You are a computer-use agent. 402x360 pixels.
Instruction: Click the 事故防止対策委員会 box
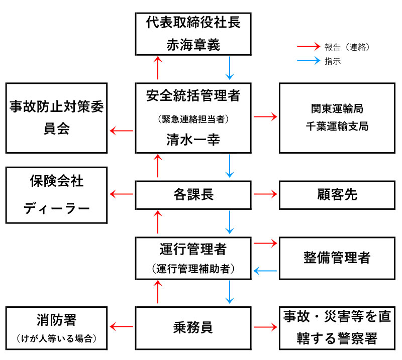click(56, 117)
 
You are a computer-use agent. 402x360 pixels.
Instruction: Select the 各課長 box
click(193, 194)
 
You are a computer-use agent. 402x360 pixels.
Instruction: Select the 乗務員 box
click(193, 328)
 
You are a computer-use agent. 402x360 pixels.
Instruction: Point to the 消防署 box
click(56, 328)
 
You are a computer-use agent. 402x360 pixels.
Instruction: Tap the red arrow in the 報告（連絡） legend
click(309, 48)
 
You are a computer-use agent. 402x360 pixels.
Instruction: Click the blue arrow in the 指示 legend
click(309, 61)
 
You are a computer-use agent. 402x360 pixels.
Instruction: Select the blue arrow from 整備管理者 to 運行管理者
click(265, 271)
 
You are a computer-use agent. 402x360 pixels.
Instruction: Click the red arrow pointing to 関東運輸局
click(265, 117)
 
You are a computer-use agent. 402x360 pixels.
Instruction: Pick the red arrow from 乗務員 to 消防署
click(122, 328)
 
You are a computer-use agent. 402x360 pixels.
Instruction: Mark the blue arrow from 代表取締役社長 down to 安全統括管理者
click(230, 68)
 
